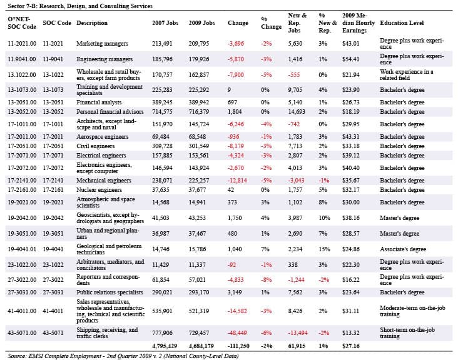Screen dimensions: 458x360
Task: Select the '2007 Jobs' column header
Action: pyautogui.click(x=165, y=22)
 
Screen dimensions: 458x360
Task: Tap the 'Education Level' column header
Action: pyautogui.click(x=402, y=22)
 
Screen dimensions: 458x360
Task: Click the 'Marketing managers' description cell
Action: pyautogui.click(x=102, y=44)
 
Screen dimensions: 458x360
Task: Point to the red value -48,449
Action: pyautogui.click(x=237, y=333)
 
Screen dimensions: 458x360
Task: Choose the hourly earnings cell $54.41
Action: pyautogui.click(x=351, y=59)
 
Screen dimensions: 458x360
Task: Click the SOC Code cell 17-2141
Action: pyautogui.click(x=53, y=180)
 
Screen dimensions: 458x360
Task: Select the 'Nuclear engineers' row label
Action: pyautogui.click(x=99, y=189)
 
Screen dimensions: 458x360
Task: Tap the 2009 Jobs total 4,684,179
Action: pyautogui.click(x=201, y=346)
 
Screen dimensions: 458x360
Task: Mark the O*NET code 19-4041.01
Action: pyautogui.click(x=22, y=249)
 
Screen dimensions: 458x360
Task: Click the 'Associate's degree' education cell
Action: pyautogui.click(x=403, y=249)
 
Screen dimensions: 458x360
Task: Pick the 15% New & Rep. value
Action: pyautogui.click(x=325, y=249)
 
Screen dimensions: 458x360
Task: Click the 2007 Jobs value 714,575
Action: pyautogui.click(x=162, y=111)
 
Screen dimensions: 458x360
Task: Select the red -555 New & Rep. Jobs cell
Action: pyautogui.click(x=294, y=74)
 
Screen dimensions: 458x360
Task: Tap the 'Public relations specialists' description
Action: pyautogui.click(x=109, y=292)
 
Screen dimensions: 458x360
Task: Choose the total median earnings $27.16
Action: pyautogui.click(x=351, y=346)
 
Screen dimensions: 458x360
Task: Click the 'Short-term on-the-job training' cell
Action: pyautogui.click(x=407, y=333)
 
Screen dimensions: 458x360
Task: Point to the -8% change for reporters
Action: pyautogui.click(x=266, y=279)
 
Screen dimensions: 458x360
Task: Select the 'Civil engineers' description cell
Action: pyautogui.click(x=96, y=146)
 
